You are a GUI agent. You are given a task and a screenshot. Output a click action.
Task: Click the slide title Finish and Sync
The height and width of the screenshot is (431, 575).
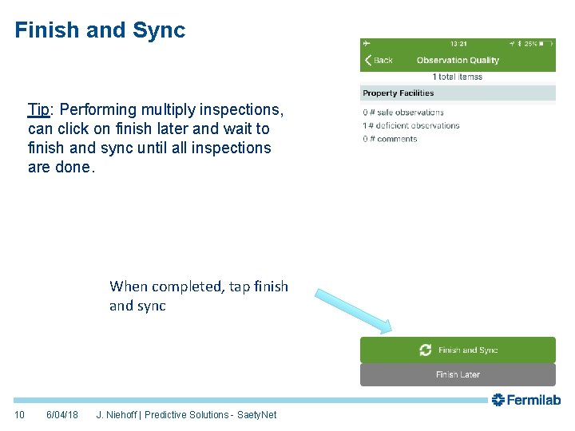(100, 30)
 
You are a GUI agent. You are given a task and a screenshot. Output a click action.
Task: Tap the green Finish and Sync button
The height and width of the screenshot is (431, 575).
(458, 350)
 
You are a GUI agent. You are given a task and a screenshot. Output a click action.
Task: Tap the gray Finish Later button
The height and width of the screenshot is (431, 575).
(458, 374)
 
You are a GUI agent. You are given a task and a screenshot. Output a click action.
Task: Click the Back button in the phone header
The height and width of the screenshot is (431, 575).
(379, 61)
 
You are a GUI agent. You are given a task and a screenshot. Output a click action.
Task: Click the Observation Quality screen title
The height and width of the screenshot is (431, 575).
(458, 61)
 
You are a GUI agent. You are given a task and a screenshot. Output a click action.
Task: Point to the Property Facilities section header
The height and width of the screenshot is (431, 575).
(399, 93)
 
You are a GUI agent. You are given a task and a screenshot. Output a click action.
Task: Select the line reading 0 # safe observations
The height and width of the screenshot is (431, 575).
(403, 113)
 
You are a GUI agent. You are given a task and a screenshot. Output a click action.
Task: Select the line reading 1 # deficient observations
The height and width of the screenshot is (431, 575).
(411, 125)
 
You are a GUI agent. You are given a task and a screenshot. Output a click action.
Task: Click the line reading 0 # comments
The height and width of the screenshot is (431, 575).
(390, 139)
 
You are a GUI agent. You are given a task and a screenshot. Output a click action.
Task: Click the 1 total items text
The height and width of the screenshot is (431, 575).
(457, 77)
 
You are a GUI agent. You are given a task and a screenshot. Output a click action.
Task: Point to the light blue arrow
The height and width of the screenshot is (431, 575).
(352, 311)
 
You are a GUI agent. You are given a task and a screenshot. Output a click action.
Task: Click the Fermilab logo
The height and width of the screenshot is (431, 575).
(526, 400)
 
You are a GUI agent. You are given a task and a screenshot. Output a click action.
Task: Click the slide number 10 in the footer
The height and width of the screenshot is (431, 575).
(20, 415)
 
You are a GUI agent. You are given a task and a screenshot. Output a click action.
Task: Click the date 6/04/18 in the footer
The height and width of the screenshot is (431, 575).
(62, 415)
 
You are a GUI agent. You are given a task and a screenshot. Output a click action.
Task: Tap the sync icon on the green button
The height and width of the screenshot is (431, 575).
(426, 350)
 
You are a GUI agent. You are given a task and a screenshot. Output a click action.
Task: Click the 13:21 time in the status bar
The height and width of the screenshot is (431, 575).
(458, 43)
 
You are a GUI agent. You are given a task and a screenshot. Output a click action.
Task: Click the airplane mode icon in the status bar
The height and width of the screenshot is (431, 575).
(367, 43)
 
